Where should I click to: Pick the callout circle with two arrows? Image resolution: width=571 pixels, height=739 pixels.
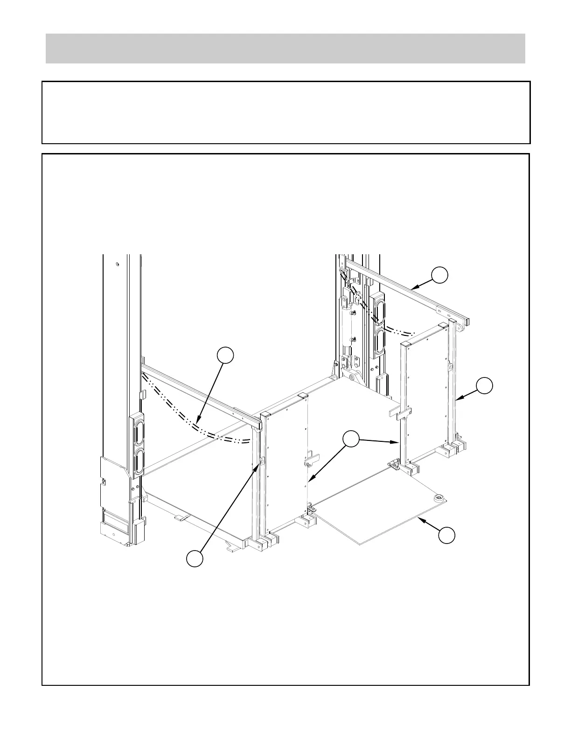tap(351, 439)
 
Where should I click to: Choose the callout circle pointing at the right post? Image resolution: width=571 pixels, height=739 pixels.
tap(484, 386)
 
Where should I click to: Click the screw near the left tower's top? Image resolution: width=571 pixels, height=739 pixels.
tap(118, 265)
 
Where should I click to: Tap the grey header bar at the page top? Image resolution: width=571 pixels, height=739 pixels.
tap(285, 49)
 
